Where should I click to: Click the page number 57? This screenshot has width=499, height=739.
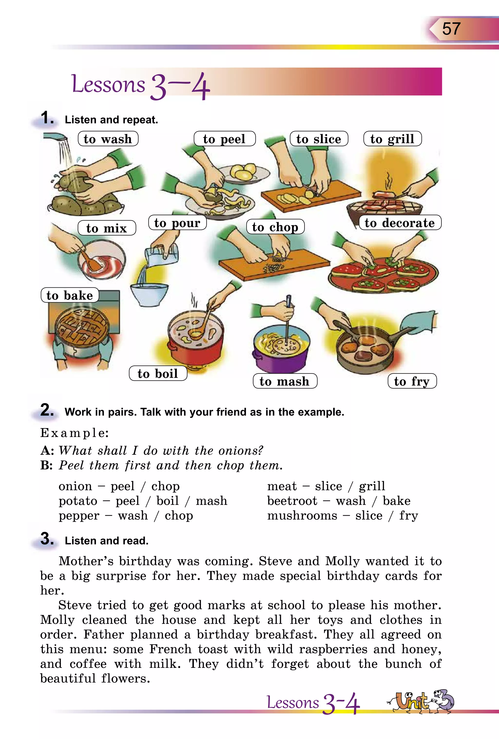coord(451,29)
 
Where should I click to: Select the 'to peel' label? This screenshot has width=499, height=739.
coord(225,139)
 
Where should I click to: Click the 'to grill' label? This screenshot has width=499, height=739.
coord(393,139)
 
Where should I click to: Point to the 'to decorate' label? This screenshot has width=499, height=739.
coord(400,223)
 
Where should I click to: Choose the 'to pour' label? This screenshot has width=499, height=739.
coord(177,223)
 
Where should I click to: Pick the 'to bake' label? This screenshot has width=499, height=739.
coord(70,295)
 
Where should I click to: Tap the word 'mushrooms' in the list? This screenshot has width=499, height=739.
coord(302,515)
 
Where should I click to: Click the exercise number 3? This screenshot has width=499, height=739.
coord(47,539)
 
